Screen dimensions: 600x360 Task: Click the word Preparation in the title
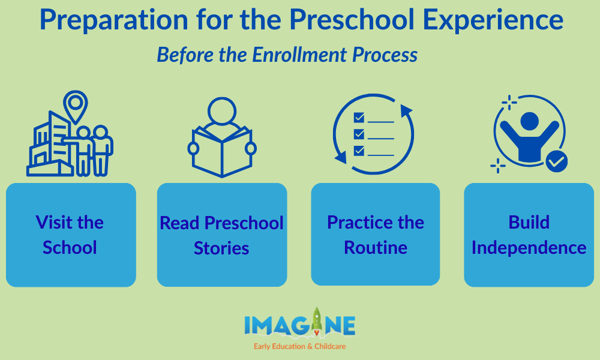[114, 20]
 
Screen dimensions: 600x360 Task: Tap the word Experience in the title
[493, 20]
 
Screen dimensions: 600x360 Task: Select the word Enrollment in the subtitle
[299, 55]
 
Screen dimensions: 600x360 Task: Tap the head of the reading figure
[222, 111]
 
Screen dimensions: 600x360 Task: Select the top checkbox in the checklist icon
[359, 117]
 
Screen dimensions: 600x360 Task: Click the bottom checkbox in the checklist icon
[359, 151]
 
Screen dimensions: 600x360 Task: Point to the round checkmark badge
[556, 161]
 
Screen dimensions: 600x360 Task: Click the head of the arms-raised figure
[530, 121]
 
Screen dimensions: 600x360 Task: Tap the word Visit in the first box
[53, 222]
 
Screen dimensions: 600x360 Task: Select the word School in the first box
[70, 248]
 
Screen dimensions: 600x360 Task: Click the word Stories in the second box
[221, 248]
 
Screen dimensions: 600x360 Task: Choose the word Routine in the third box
[376, 248]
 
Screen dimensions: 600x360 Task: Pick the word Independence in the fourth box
[529, 248]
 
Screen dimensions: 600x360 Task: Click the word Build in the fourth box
[529, 222]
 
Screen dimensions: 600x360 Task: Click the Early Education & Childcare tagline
[299, 346]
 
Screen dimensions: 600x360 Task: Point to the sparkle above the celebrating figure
[509, 103]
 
